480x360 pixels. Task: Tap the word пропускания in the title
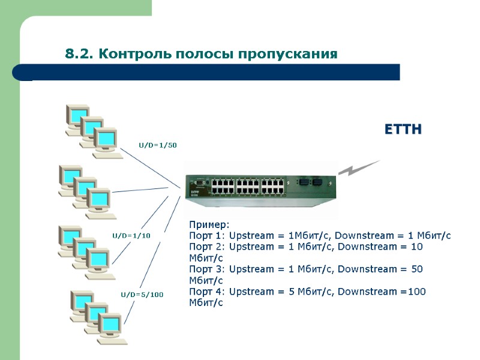point(289,55)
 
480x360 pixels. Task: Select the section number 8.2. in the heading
point(80,55)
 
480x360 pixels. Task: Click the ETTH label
point(403,130)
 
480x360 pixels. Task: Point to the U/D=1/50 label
point(158,145)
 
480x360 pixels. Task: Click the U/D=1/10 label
point(131,236)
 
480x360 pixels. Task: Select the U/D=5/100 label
point(142,295)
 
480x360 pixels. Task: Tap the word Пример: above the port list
point(205,224)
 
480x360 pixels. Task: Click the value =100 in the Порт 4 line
point(413,292)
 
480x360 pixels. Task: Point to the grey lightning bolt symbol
point(359,168)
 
